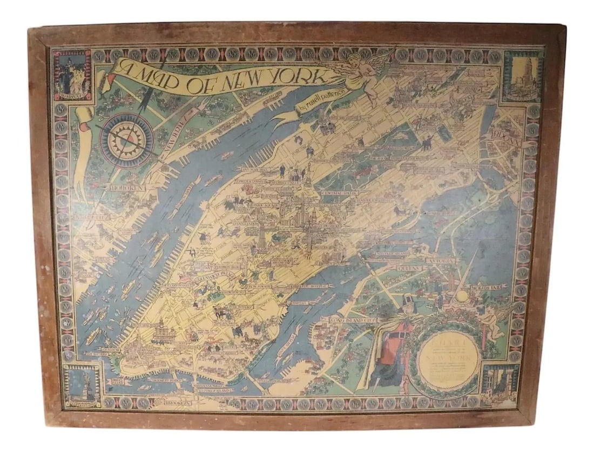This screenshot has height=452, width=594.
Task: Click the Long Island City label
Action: tap(352, 321)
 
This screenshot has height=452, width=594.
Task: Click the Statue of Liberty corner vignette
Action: tap(82, 385)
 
